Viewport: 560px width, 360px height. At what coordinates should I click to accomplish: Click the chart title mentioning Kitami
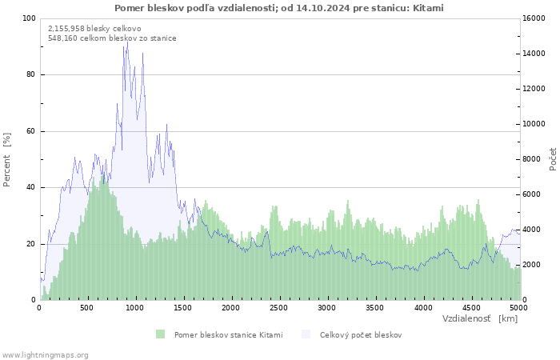tap(279, 8)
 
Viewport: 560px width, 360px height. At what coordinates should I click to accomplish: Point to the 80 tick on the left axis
tap(31, 74)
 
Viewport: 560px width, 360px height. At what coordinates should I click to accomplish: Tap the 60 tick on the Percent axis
tap(31, 131)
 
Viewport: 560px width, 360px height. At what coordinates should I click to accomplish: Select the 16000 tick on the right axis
tap(535, 18)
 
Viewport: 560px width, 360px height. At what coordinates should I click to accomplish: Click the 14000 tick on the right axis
tap(535, 54)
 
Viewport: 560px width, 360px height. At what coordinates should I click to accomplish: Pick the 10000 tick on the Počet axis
tap(535, 124)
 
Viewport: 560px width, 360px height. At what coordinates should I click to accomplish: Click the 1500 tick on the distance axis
tap(183, 307)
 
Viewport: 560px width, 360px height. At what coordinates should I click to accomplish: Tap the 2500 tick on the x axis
tap(279, 307)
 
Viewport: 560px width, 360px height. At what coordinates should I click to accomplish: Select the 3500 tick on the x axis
tap(375, 307)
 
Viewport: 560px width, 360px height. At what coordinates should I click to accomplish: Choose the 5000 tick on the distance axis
tap(518, 307)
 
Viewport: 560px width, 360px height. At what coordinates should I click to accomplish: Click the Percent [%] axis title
tap(7, 159)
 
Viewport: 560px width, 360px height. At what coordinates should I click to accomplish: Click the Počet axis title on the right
tap(553, 159)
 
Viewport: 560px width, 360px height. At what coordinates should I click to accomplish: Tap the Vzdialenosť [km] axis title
tap(480, 318)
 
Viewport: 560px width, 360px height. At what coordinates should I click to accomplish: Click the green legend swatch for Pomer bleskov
tap(160, 334)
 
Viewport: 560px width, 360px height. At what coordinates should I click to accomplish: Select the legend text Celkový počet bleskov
tap(360, 334)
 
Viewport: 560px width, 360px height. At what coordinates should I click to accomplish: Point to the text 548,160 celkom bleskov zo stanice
tap(112, 38)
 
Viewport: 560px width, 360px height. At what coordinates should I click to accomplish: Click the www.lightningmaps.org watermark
tap(46, 354)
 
